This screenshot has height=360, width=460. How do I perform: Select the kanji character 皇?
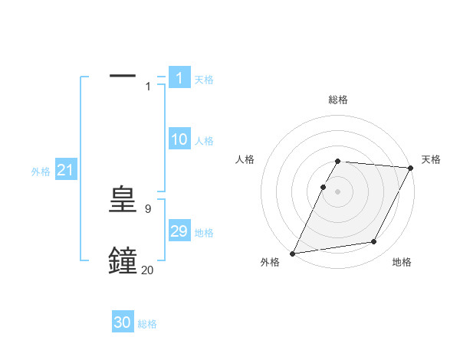pos(123,201)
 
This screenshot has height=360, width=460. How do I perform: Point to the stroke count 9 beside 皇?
pos(147,208)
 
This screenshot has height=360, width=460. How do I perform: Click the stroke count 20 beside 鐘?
pos(147,270)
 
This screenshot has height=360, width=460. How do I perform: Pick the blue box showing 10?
pos(179,139)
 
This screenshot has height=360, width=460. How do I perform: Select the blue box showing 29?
pos(179,231)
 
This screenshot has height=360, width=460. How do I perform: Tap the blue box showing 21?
pos(65,171)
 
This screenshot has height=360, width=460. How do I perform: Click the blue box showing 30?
pos(123,322)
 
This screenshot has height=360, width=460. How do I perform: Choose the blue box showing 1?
pos(179,78)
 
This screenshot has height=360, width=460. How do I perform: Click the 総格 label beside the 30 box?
pos(147,324)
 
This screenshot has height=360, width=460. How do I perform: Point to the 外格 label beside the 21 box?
pos(41,172)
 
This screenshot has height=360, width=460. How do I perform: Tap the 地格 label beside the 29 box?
pos(204,233)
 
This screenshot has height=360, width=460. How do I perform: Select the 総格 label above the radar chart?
pos(338,100)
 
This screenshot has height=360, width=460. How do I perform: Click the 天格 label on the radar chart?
pos(431,159)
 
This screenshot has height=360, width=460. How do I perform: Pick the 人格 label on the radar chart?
pos(245,159)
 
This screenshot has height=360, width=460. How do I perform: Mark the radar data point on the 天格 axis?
pos(411,168)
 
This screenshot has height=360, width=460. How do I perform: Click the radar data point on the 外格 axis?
pos(293,254)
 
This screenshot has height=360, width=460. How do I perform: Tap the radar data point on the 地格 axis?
pos(374,242)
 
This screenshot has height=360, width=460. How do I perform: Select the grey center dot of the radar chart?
pos(338,191)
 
